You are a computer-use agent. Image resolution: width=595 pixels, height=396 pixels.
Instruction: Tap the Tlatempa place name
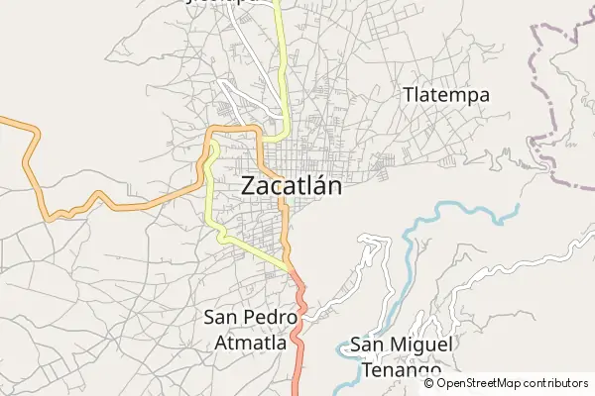(447, 95)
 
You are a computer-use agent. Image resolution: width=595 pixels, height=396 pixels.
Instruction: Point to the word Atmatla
(250, 343)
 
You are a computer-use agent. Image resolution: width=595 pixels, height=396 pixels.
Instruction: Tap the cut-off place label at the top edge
(229, 3)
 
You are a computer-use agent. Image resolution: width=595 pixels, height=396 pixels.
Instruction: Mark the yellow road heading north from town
(282, 59)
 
